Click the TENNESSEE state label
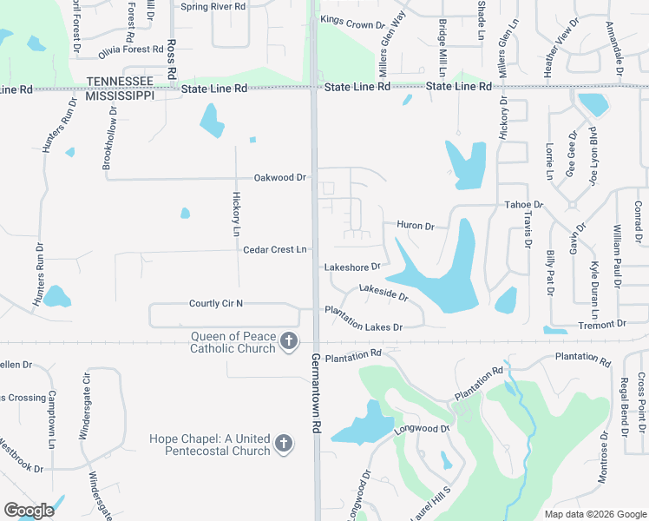pyautogui.click(x=120, y=81)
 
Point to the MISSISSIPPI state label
pyautogui.click(x=120, y=95)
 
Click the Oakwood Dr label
pyautogui.click(x=280, y=177)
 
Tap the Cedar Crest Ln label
pyautogui.click(x=275, y=249)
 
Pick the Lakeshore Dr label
pyautogui.click(x=352, y=267)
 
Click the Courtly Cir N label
pyautogui.click(x=216, y=303)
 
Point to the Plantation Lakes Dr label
pyautogui.click(x=364, y=320)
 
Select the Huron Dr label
pyautogui.click(x=415, y=226)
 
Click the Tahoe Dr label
pyautogui.click(x=523, y=205)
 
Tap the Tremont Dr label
pyautogui.click(x=601, y=324)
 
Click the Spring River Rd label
pyautogui.click(x=213, y=6)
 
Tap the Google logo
pyautogui.click(x=29, y=511)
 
